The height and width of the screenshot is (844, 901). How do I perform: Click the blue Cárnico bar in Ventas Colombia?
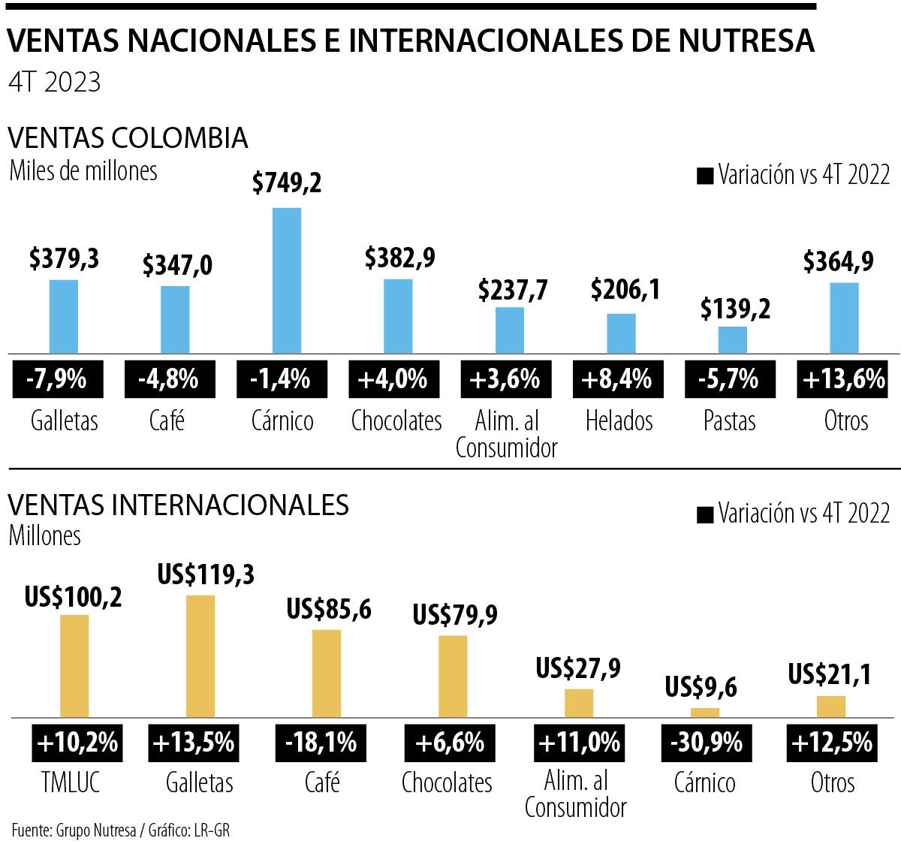coord(286,280)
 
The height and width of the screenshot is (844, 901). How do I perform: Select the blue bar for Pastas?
coord(733,339)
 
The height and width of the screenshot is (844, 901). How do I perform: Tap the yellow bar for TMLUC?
coord(74,665)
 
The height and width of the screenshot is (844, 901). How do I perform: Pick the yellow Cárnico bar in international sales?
coord(705,712)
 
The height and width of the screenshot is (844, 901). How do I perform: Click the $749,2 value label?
coord(287,182)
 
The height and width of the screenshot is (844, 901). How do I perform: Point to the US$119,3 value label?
coord(206,575)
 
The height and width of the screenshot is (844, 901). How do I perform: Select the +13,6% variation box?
coord(844,379)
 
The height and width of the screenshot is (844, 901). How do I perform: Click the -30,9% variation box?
coord(705,743)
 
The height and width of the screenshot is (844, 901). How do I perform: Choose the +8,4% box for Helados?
coord(619,379)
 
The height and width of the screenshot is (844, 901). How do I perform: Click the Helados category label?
coord(619,420)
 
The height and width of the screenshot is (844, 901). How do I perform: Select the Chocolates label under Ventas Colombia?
coord(396,420)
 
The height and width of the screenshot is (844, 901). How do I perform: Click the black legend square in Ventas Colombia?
coord(705,176)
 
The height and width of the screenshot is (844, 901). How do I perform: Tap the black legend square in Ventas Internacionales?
coord(705,515)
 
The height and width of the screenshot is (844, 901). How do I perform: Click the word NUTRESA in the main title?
coord(747,41)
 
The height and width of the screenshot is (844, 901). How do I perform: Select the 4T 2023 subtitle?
coord(54,82)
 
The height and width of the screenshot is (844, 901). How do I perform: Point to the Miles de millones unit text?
coord(83,171)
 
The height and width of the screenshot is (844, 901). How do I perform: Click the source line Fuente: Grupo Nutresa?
coord(74,830)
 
